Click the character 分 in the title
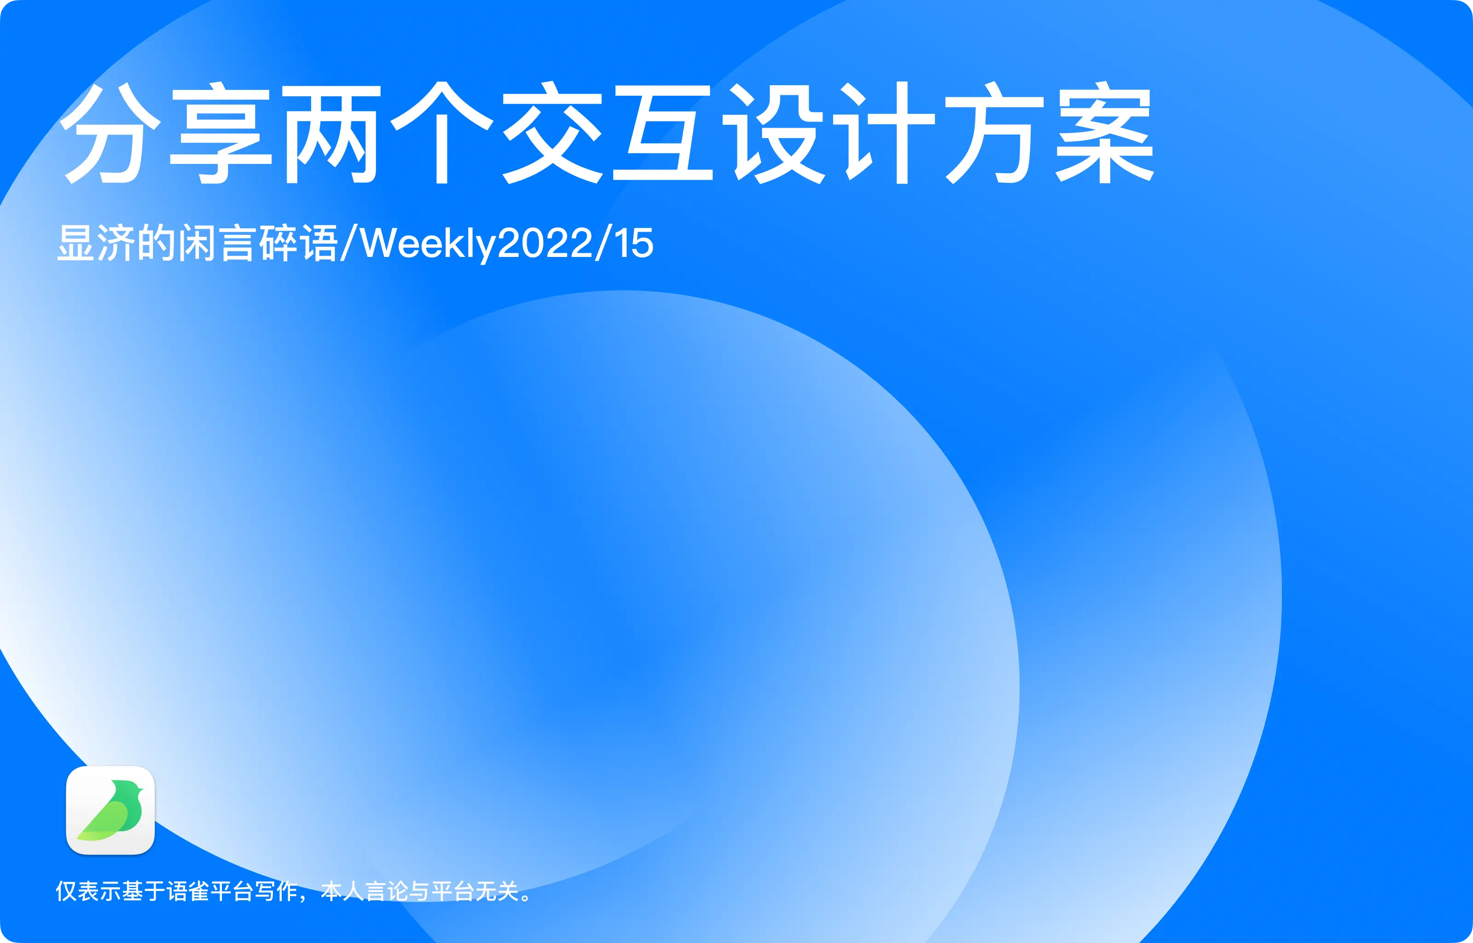coord(111,134)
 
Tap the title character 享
coord(220,134)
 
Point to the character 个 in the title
coord(442,134)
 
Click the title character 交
coord(552,134)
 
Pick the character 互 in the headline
coord(663,134)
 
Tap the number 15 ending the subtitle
coord(634,244)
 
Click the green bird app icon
coord(110,810)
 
